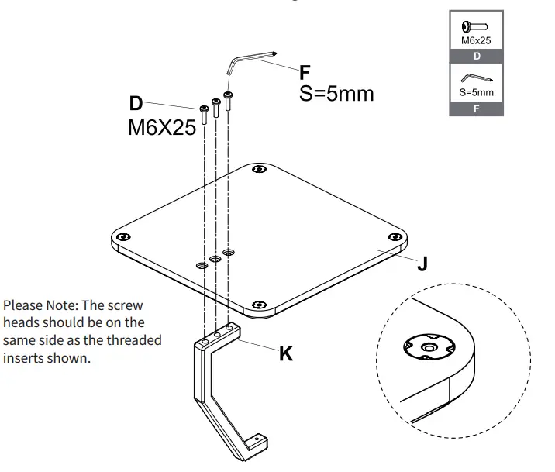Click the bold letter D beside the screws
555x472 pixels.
(x=136, y=103)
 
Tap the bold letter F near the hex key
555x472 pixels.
(x=305, y=74)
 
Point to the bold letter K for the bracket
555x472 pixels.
(x=286, y=354)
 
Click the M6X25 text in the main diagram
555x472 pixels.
(x=161, y=129)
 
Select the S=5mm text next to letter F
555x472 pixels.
(x=336, y=94)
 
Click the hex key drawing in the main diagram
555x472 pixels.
(x=250, y=60)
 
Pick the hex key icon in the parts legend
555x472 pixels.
(x=476, y=78)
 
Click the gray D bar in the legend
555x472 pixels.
(x=476, y=56)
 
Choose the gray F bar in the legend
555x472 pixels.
(x=476, y=109)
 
